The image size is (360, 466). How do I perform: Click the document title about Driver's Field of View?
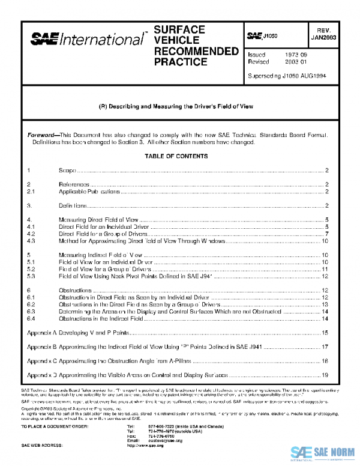(x=175, y=106)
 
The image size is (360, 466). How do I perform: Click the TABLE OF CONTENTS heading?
(x=176, y=156)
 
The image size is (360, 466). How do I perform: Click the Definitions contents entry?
(x=73, y=205)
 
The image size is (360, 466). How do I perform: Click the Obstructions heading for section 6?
(x=76, y=290)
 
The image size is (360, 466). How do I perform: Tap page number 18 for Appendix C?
(x=325, y=361)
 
